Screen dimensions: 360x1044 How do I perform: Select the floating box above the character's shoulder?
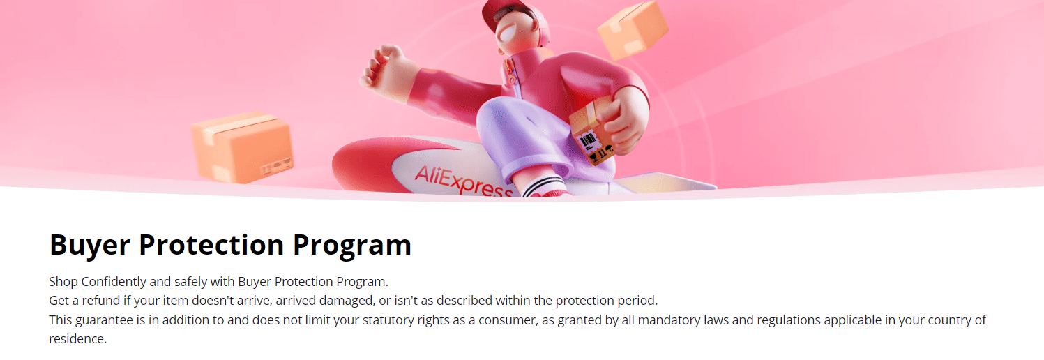[633, 29]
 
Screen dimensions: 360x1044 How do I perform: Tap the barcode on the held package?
[590, 142]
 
